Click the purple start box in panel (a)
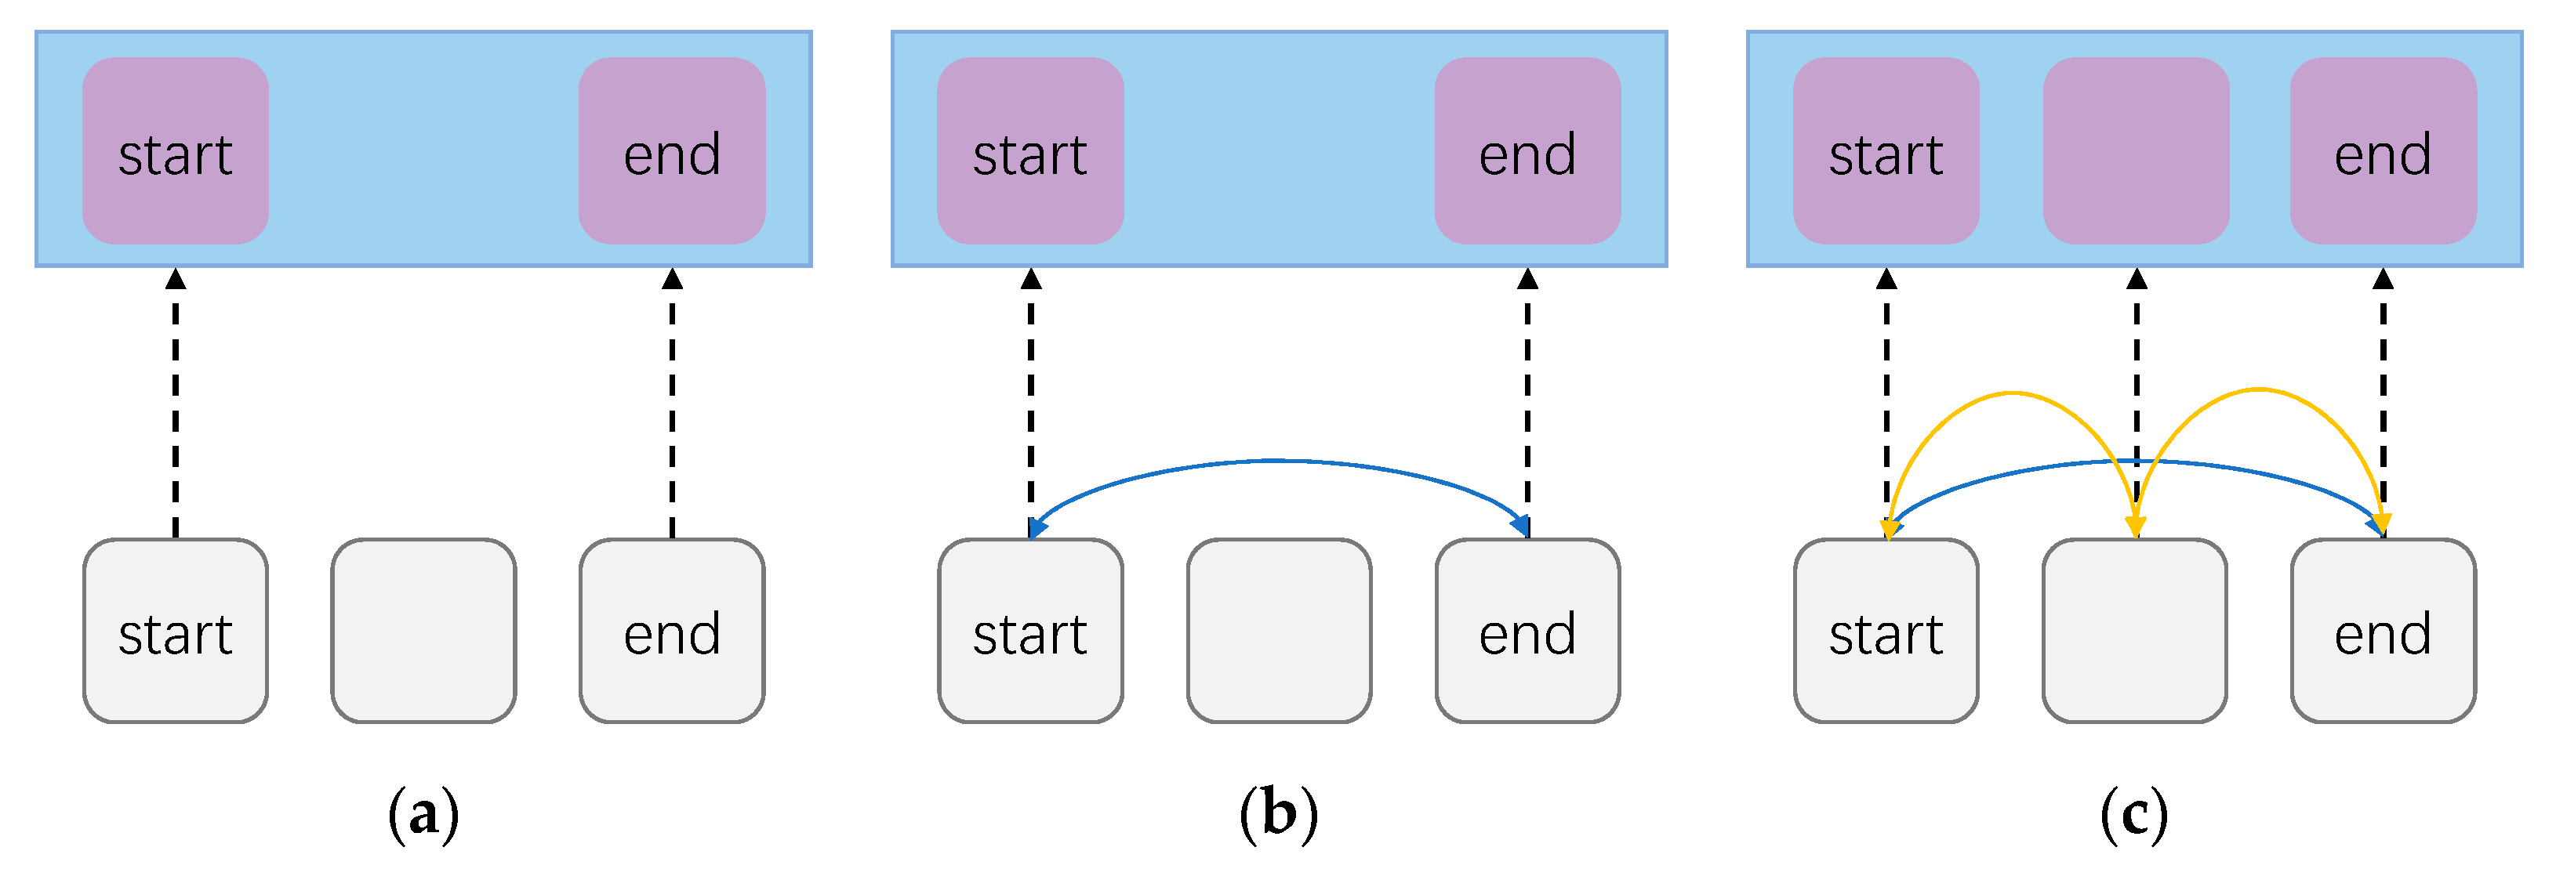point(176,150)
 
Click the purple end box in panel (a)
point(672,150)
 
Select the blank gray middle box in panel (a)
point(423,631)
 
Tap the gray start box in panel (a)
point(176,631)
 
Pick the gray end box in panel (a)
point(672,631)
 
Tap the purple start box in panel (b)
point(1031,150)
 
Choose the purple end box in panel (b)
point(1527,150)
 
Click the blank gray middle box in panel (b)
point(1279,631)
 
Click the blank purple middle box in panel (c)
point(2137,150)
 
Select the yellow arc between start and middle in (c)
point(2011,394)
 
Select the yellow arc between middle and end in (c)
point(2260,390)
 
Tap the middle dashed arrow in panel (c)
point(2137,337)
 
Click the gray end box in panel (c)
point(2383,631)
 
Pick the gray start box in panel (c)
point(1886,631)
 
